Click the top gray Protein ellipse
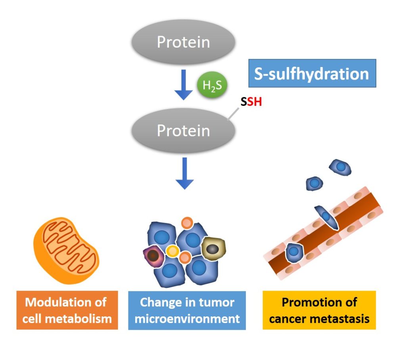(x=183, y=42)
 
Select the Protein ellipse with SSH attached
(x=183, y=130)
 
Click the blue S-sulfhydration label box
(x=312, y=73)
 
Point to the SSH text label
(x=251, y=102)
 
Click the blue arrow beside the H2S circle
(x=184, y=84)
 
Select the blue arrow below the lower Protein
(x=184, y=173)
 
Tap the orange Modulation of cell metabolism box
(x=67, y=310)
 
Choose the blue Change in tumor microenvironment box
(x=187, y=310)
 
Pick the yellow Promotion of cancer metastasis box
(x=319, y=310)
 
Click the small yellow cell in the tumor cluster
(x=172, y=251)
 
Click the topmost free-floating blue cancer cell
(x=340, y=168)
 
